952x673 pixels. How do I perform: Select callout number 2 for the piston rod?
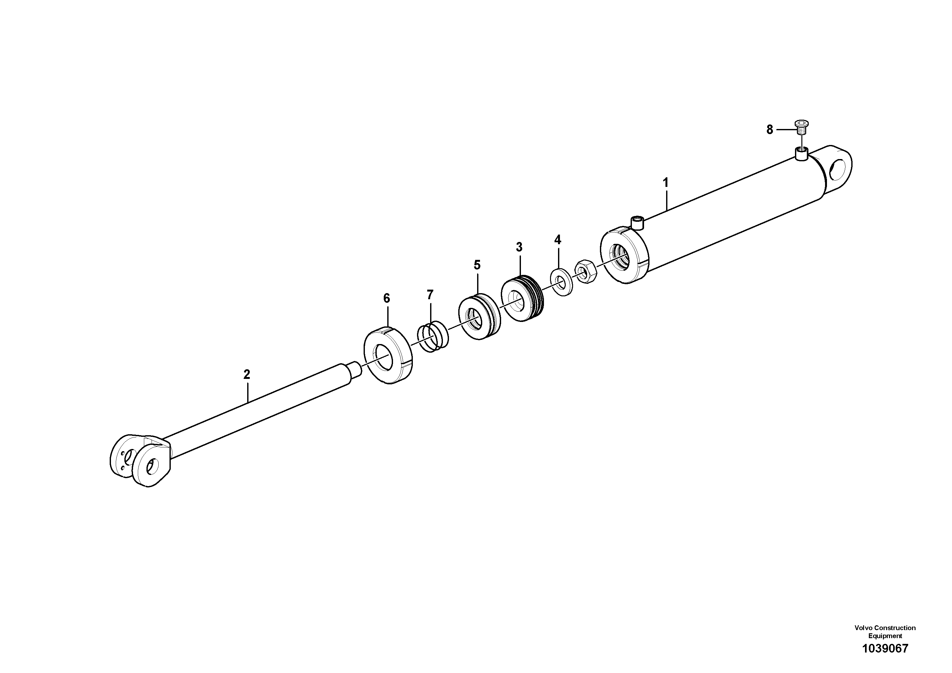[247, 375]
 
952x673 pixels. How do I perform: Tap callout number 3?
[519, 247]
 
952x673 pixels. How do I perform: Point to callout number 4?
[558, 240]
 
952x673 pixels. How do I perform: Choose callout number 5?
[477, 265]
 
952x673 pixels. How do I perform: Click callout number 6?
[386, 298]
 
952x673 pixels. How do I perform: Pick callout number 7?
[430, 295]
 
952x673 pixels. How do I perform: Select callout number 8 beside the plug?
[769, 130]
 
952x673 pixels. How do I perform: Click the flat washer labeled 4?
[562, 284]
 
